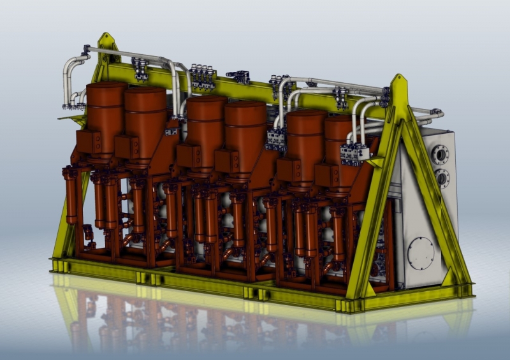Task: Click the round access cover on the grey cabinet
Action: [x=420, y=252]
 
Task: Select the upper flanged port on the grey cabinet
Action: [x=441, y=154]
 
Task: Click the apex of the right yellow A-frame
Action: [x=398, y=82]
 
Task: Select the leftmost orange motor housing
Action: [x=106, y=108]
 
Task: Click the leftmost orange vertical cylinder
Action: [x=71, y=194]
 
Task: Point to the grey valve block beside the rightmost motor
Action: [x=354, y=153]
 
